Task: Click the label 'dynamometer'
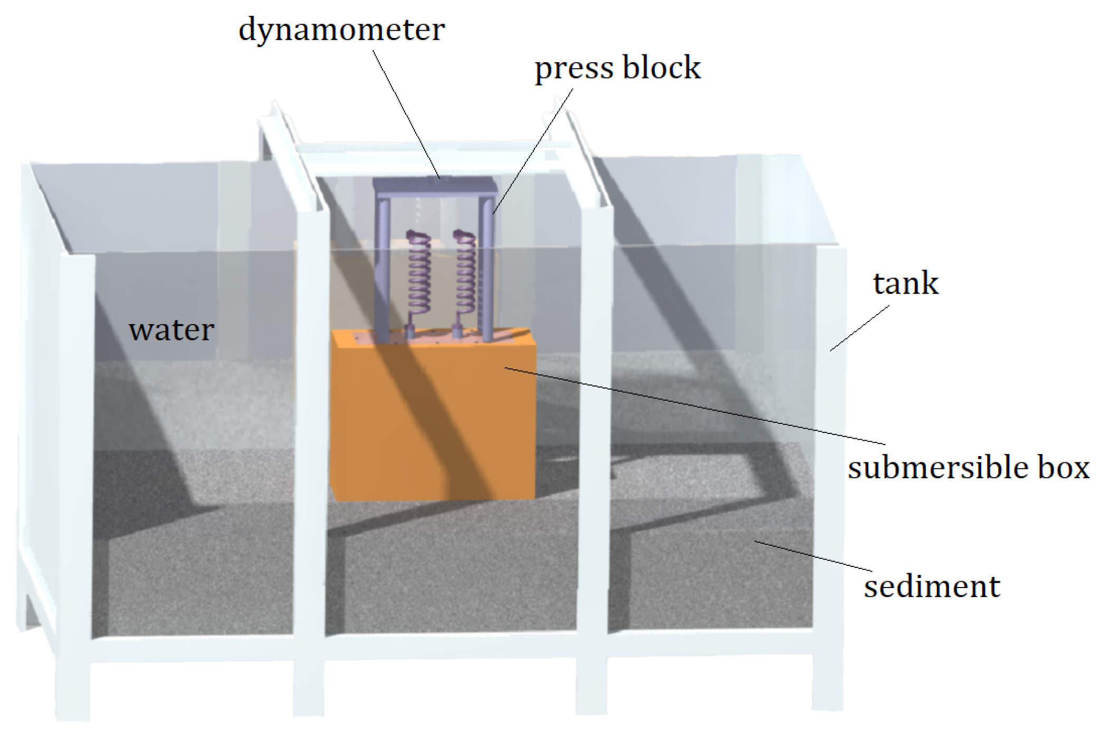point(341,31)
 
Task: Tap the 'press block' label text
point(617,69)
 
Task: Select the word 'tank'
point(905,283)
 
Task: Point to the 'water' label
point(172,330)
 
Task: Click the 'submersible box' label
point(969,468)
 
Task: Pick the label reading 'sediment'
point(932,586)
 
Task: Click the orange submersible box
point(433,417)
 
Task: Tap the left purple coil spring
point(420,274)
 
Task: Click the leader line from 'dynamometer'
point(407,113)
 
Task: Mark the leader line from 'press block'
point(533,150)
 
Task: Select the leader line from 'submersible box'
point(687,404)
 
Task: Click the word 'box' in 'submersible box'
point(1063,468)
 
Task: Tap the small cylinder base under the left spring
point(410,334)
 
